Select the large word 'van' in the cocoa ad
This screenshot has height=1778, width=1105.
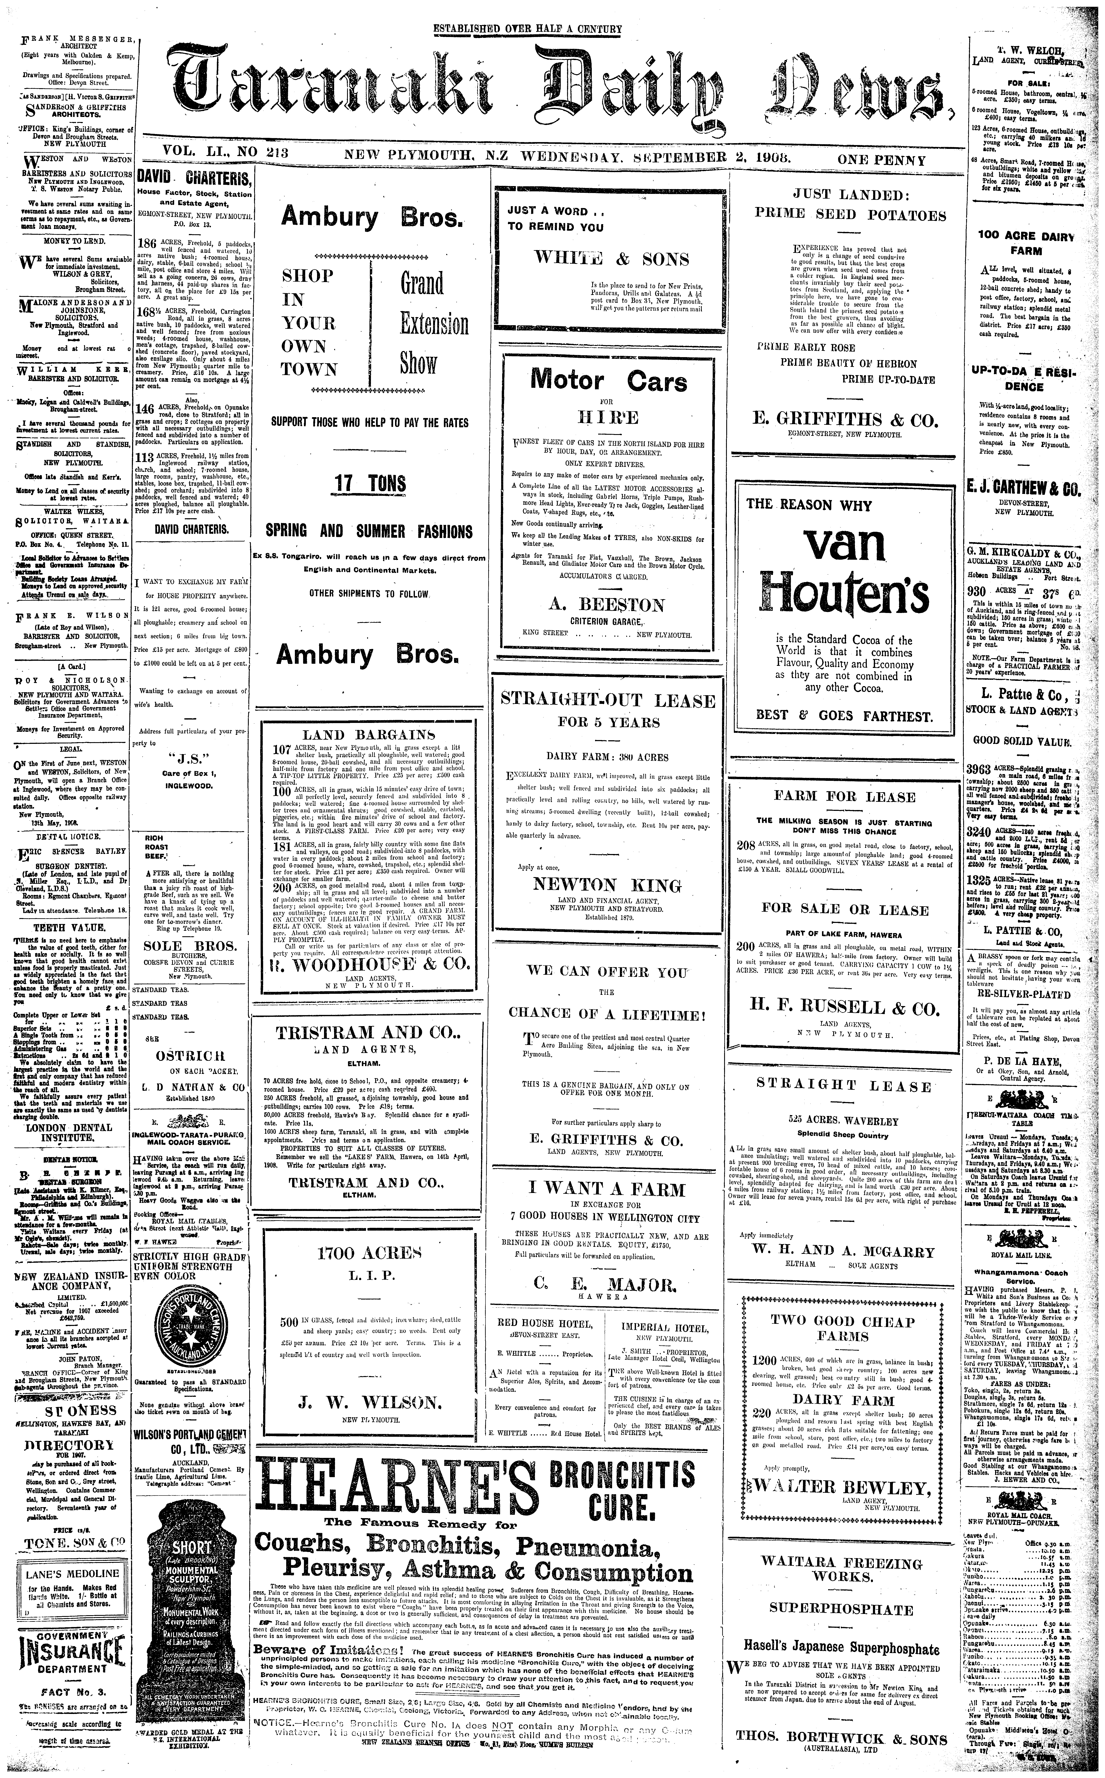[x=844, y=545]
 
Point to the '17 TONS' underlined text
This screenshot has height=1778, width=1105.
[x=370, y=483]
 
